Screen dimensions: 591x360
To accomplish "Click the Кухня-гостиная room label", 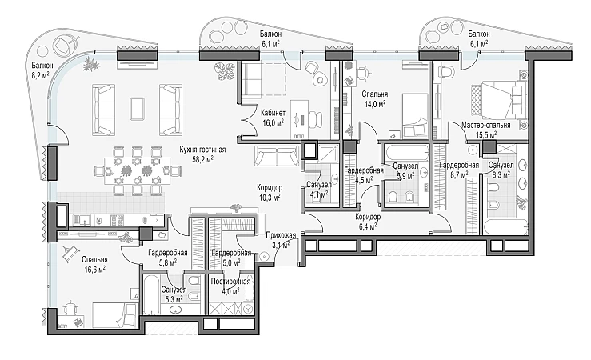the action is tap(202, 150).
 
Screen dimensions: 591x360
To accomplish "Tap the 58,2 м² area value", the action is tap(203, 160).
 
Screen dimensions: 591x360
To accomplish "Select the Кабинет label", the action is tap(273, 113).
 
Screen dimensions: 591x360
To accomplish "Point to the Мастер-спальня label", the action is tap(486, 125).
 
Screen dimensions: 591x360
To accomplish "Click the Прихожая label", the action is tap(281, 236).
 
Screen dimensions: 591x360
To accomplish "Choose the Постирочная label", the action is tap(230, 282).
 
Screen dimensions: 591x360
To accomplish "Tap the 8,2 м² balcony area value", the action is tap(40, 75).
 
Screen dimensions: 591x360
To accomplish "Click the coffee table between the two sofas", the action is tap(138, 109).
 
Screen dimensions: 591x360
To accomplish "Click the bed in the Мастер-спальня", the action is tap(499, 100).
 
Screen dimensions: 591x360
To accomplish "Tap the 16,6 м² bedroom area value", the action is tap(94, 269).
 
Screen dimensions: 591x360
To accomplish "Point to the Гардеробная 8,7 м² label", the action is tap(459, 165).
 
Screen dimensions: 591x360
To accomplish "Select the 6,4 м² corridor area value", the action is tap(368, 227).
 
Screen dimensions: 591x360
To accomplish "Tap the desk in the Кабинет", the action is tap(300, 119).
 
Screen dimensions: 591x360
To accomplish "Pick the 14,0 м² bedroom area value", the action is tap(374, 104).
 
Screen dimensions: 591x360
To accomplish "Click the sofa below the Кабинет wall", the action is tap(277, 157).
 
